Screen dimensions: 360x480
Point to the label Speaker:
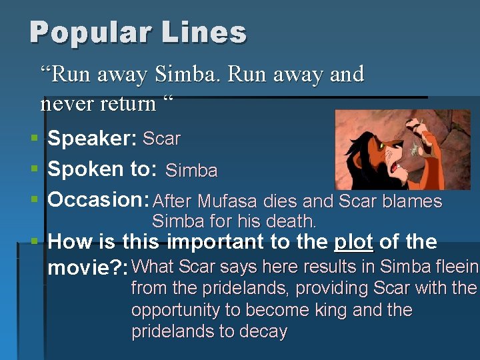92,139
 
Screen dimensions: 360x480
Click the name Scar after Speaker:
161,139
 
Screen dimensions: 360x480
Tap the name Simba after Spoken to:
191,171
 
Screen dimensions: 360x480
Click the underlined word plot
353,242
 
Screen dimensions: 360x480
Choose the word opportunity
187,311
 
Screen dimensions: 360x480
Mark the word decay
262,332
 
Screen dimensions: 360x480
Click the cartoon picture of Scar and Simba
402,149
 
